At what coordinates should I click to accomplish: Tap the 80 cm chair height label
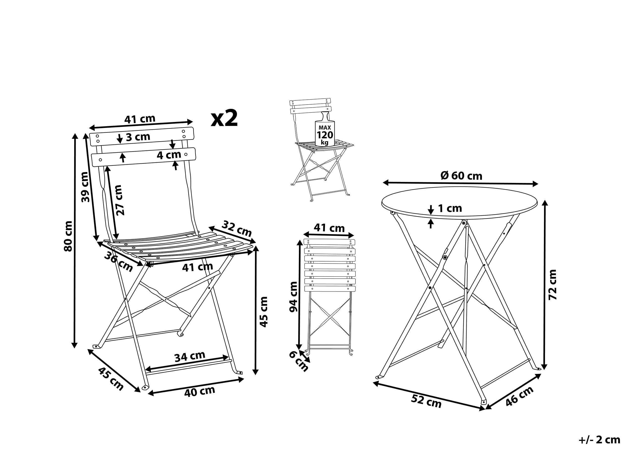pyautogui.click(x=68, y=236)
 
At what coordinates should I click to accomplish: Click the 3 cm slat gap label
pyautogui.click(x=138, y=137)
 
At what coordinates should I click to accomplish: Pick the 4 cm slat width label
pyautogui.click(x=169, y=155)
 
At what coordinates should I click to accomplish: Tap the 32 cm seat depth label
pyautogui.click(x=237, y=228)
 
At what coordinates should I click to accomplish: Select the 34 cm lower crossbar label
pyautogui.click(x=190, y=356)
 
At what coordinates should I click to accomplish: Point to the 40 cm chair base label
pyautogui.click(x=199, y=391)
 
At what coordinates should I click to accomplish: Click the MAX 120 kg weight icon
pyautogui.click(x=325, y=131)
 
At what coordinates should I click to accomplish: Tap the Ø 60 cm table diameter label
pyautogui.click(x=461, y=176)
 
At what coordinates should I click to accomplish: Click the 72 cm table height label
pyautogui.click(x=552, y=285)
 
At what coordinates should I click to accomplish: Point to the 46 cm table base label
pyautogui.click(x=519, y=396)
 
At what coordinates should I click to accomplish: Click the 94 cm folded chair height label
pyautogui.click(x=293, y=297)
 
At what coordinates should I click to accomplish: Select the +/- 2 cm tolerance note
pyautogui.click(x=599, y=440)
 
